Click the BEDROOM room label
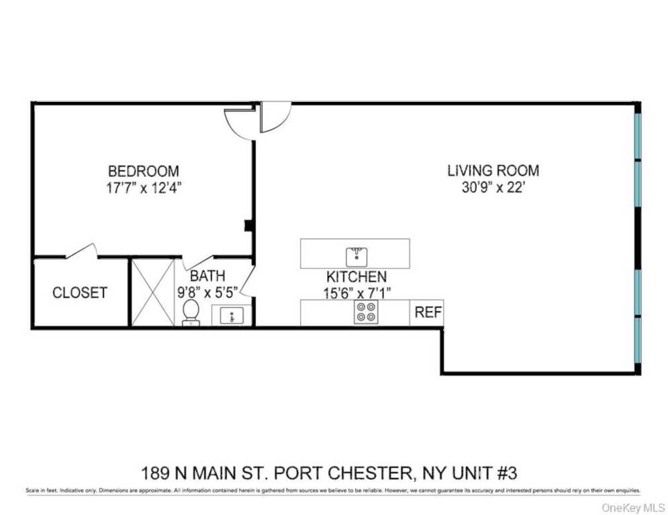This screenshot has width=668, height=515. [x=143, y=171]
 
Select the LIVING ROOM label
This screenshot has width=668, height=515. [x=493, y=170]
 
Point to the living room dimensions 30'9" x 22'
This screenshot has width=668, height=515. [x=493, y=188]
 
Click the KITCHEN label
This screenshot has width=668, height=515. [x=356, y=276]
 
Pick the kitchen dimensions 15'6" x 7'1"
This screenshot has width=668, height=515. [x=356, y=292]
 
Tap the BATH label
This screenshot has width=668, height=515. [x=207, y=276]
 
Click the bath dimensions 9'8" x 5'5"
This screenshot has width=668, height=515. [x=207, y=292]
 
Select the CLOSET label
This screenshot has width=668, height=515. [x=80, y=293]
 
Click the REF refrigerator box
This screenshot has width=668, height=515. [x=427, y=312]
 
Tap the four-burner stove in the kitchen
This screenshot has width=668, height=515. [x=367, y=312]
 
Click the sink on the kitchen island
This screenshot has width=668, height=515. [x=356, y=255]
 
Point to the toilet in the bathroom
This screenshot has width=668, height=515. [x=191, y=312]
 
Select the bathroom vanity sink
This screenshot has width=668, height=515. [x=232, y=315]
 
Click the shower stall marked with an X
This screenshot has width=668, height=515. [x=152, y=292]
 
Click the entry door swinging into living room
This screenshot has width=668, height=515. [x=275, y=117]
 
